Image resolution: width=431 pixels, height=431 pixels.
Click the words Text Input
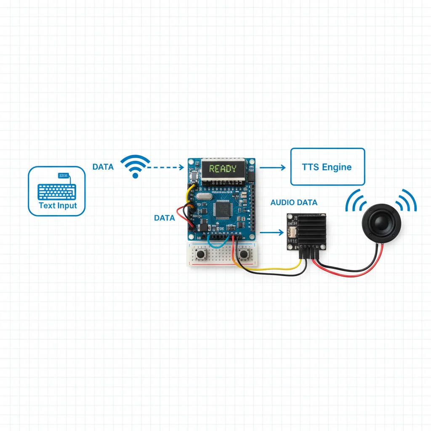click(x=58, y=205)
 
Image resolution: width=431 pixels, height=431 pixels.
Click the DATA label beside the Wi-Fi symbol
click(x=103, y=167)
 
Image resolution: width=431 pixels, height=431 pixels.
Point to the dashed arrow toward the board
click(x=165, y=167)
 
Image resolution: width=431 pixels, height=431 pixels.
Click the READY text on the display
click(x=223, y=168)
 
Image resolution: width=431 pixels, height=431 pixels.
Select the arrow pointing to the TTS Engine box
click(x=272, y=168)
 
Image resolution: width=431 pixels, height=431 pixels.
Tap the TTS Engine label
click(x=327, y=167)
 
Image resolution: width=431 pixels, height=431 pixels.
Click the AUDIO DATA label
click(x=294, y=202)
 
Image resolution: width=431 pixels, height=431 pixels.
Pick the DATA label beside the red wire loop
click(x=165, y=218)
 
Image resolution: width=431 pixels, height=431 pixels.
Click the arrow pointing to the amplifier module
click(x=271, y=232)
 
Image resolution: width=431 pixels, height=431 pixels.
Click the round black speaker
click(x=381, y=223)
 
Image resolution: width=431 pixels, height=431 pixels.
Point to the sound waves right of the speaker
click(x=407, y=201)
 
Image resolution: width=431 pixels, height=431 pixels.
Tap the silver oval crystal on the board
click(x=204, y=196)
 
